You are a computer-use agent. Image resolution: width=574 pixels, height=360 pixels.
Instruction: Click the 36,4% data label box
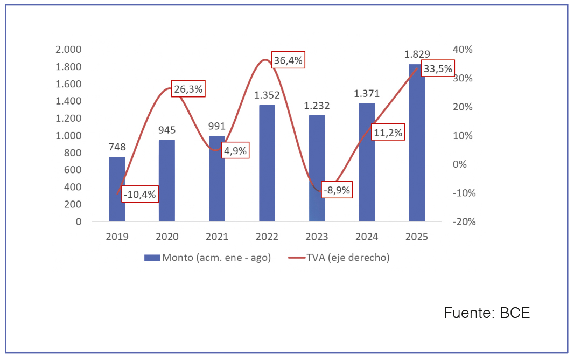(x=288, y=60)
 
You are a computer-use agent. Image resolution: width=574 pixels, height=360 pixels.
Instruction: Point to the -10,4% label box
(x=140, y=195)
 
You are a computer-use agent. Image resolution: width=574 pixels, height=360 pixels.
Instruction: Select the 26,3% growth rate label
(x=188, y=90)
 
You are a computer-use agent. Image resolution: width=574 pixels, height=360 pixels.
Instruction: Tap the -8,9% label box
(x=337, y=190)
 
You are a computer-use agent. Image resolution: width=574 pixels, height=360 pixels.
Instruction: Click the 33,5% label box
(x=438, y=68)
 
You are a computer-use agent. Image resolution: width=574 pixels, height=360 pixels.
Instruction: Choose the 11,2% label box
(x=388, y=133)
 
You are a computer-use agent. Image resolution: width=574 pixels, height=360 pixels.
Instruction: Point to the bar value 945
(x=167, y=130)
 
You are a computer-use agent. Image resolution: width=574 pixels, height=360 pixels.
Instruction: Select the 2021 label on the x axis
(x=217, y=237)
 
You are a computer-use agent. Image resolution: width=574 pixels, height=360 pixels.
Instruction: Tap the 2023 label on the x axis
(x=317, y=237)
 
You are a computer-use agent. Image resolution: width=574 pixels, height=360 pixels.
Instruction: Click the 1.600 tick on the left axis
(x=68, y=84)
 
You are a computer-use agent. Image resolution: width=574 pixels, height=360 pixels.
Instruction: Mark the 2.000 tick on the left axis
(x=68, y=50)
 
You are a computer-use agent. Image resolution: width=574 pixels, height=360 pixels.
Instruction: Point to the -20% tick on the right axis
(x=464, y=221)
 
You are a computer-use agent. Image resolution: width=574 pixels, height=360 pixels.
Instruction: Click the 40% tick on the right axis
(x=463, y=50)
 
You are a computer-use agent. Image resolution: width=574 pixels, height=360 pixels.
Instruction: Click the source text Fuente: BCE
(x=487, y=313)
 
